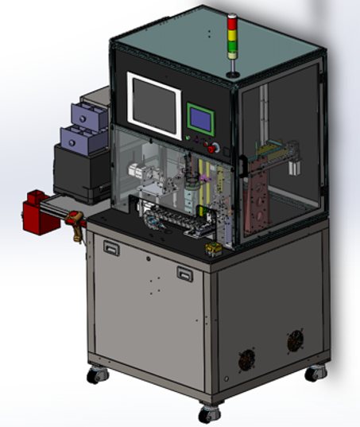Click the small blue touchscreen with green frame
point(200,120)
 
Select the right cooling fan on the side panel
point(296,341)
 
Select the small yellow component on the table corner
point(212,252)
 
